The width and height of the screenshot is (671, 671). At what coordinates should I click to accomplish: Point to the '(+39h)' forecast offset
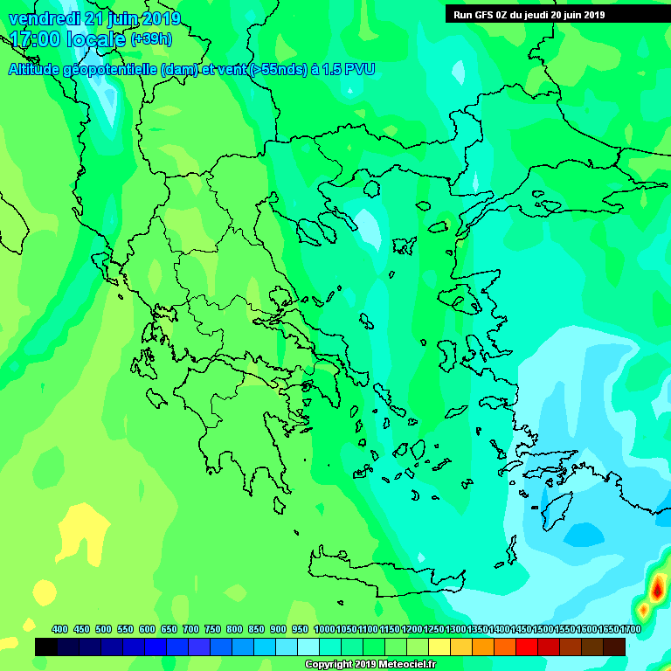[151, 40]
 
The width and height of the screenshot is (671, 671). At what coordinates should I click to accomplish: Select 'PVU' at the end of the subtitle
[358, 69]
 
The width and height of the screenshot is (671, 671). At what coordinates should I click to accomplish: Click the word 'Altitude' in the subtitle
[36, 69]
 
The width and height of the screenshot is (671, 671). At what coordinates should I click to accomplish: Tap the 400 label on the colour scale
[59, 629]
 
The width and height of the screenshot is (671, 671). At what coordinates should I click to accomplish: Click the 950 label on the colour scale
[300, 629]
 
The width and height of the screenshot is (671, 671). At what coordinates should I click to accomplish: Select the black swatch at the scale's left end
[46, 647]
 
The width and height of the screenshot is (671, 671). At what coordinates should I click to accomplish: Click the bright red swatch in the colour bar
[527, 647]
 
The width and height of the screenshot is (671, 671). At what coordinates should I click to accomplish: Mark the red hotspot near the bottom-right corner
[657, 587]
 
